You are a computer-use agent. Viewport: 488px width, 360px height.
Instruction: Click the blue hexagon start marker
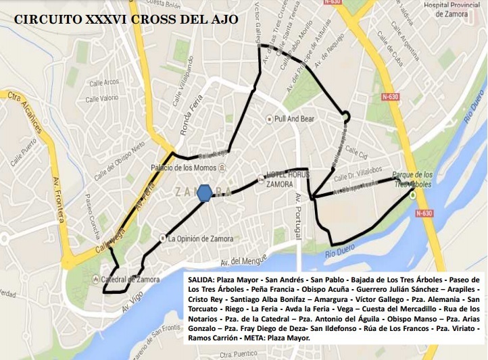tap(205, 192)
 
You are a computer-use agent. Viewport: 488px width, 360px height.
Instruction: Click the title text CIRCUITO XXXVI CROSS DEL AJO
tap(126, 20)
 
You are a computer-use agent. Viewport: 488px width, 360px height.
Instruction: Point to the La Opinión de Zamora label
tap(200, 238)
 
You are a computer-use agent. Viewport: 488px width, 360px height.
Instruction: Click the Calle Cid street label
tap(356, 150)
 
